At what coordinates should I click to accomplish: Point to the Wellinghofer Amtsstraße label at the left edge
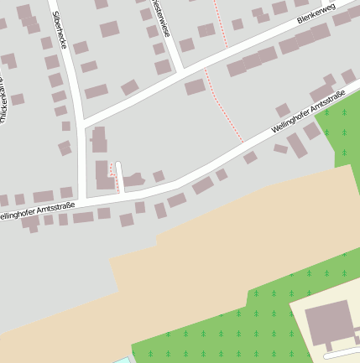37,210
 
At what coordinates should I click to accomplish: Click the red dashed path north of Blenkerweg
222,25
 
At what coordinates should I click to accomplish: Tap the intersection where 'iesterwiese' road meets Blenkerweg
180,71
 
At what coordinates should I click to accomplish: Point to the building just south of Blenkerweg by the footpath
195,86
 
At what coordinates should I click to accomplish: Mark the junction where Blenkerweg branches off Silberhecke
83,125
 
